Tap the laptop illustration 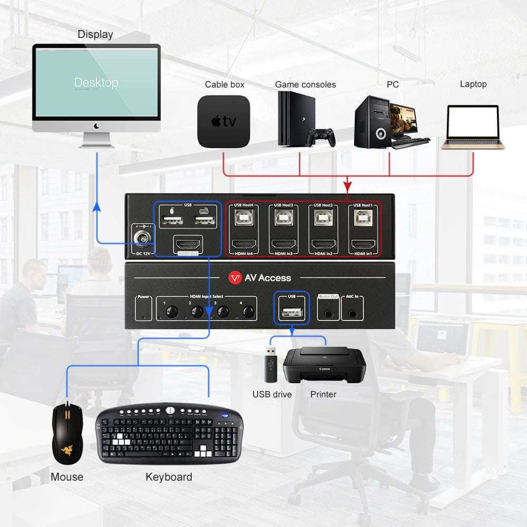point(473,127)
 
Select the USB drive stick point(270,364)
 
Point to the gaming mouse point(66,433)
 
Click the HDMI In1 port point(363,245)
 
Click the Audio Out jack point(328,311)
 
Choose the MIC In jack point(353,311)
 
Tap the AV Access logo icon point(235,278)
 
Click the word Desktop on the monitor point(96,83)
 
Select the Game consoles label point(305,84)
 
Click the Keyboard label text point(169,477)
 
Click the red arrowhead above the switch point(347,187)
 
